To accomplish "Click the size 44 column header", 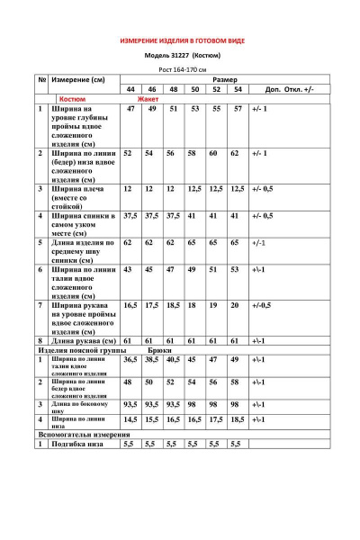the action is [x=130, y=90].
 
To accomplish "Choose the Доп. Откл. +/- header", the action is [x=289, y=90].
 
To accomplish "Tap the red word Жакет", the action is [x=147, y=99].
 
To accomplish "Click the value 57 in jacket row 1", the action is [x=238, y=109].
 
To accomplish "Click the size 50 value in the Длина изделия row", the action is [x=193, y=243].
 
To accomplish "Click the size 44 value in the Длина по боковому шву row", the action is [x=130, y=405].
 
